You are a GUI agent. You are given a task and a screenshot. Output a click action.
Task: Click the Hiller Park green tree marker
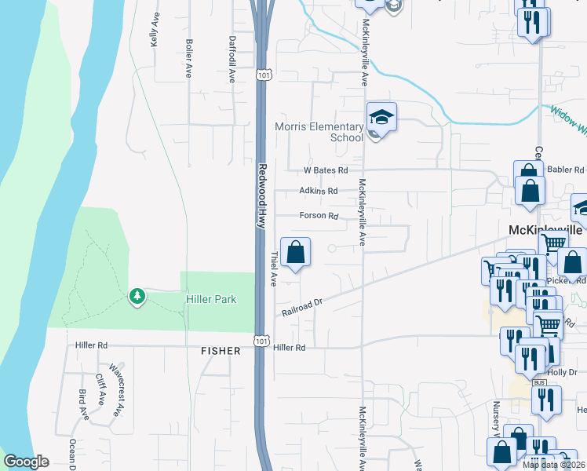click(137, 296)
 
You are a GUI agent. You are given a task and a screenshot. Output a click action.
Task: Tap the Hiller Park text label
click(211, 299)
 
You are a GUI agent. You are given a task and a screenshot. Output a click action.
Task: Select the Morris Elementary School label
click(319, 132)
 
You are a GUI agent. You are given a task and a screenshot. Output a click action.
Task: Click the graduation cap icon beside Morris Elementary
click(381, 118)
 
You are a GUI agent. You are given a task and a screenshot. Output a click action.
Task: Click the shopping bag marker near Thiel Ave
click(295, 254)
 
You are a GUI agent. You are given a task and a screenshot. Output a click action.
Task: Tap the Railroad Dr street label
click(302, 308)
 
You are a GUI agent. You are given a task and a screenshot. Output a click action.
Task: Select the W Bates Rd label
click(326, 170)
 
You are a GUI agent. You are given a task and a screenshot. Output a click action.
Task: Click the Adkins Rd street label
click(318, 191)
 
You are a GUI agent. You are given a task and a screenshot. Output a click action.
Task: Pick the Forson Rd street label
click(318, 216)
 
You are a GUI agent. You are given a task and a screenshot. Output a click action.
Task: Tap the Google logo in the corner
click(27, 462)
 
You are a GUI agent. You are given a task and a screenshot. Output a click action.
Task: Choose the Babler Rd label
click(566, 169)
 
